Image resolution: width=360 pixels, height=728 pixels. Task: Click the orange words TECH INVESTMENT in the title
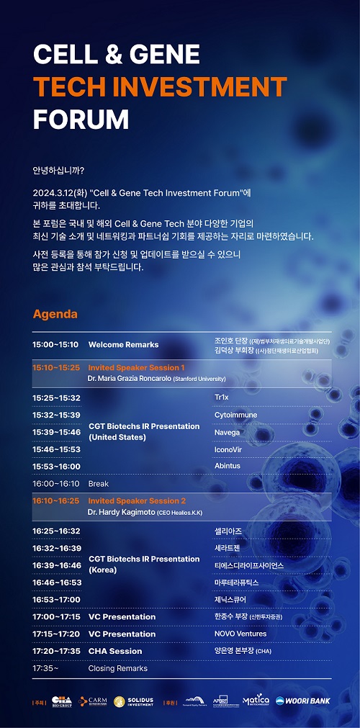(x=159, y=86)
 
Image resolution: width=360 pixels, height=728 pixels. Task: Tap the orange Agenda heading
(x=55, y=314)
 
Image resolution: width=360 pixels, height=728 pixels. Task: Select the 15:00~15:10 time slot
(x=55, y=345)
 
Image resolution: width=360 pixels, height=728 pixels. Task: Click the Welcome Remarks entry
(x=123, y=345)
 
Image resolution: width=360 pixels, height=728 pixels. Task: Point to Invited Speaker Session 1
(x=136, y=367)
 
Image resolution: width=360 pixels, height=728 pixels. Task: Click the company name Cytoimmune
(x=235, y=415)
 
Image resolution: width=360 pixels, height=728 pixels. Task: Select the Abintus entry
(x=228, y=466)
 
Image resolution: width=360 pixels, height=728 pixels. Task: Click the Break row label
(x=99, y=484)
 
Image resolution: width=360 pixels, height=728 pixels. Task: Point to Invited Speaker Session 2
(x=137, y=500)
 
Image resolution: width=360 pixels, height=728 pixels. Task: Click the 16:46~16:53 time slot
(x=56, y=582)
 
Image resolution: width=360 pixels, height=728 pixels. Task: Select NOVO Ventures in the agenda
(x=240, y=634)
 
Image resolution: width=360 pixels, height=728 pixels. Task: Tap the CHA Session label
(x=115, y=651)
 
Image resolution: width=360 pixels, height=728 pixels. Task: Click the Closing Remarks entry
(x=117, y=668)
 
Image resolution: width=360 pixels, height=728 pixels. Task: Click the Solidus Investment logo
(x=131, y=701)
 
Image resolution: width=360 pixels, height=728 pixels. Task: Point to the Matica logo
(x=254, y=700)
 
